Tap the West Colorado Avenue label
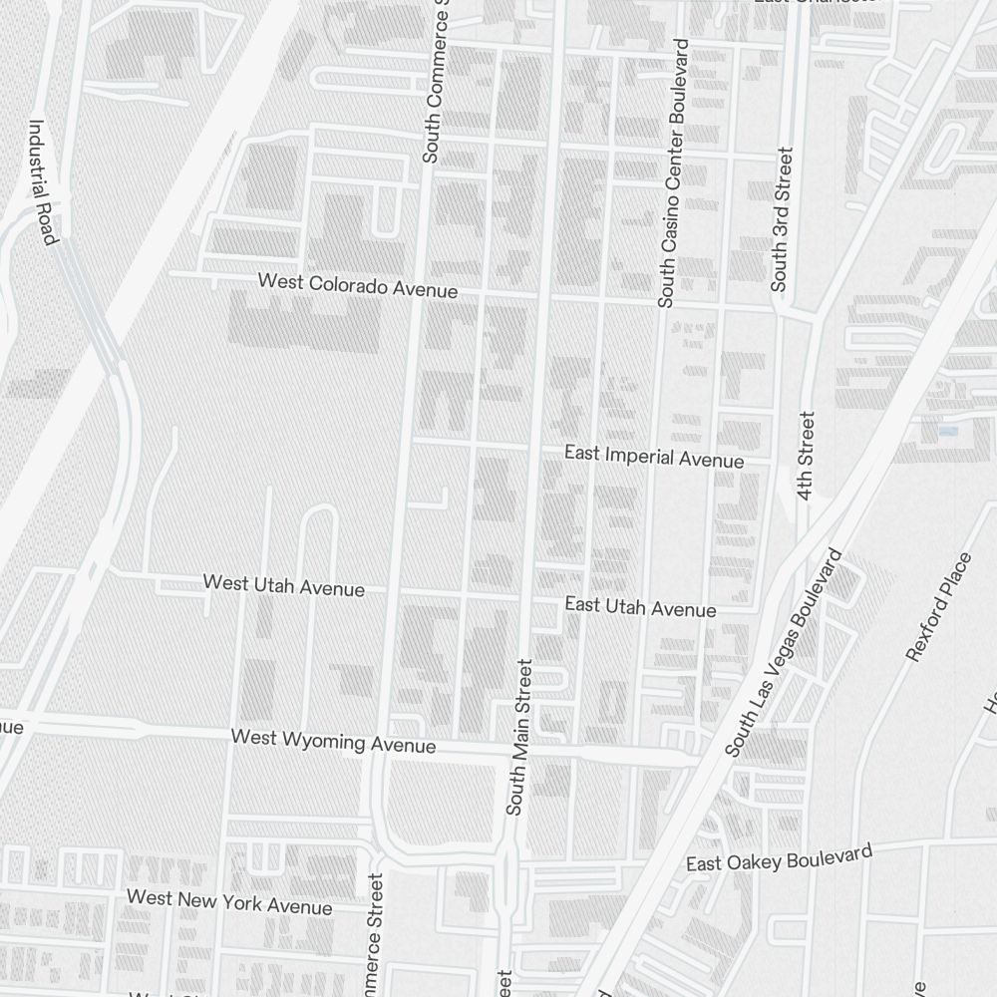358,285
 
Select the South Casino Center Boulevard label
673,173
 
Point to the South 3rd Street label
785,219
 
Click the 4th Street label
806,456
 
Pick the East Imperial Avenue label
653,457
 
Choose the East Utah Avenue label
640,606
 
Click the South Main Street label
520,736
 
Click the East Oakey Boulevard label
779,856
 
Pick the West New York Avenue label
229,902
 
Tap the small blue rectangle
947,431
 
